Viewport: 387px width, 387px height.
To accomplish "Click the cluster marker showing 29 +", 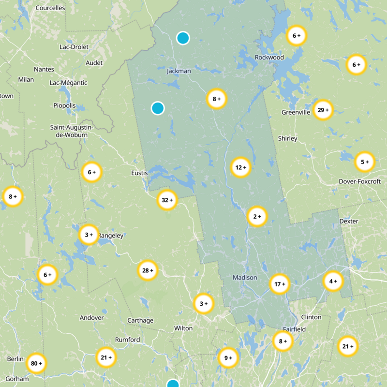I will (x=323, y=110).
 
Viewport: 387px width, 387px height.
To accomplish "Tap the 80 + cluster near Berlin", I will (x=36, y=363).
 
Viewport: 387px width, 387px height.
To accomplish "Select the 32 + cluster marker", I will (x=167, y=200).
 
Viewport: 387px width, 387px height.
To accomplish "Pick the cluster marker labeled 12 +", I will (x=241, y=168).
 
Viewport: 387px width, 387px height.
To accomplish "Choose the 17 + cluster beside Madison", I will (x=279, y=284).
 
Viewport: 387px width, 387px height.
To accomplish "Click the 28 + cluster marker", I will (x=148, y=270).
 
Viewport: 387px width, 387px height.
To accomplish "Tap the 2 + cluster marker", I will (x=257, y=217).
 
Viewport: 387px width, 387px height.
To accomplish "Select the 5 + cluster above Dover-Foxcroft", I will (x=365, y=162).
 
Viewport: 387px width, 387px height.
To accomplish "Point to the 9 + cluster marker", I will (x=228, y=358).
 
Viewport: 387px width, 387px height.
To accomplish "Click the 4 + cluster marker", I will (x=333, y=281).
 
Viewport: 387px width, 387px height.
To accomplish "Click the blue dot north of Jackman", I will (x=183, y=38).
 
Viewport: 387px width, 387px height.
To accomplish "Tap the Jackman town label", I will (x=179, y=71).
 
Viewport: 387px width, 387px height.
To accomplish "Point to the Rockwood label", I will (x=269, y=58).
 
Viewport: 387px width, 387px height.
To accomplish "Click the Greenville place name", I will (x=296, y=113).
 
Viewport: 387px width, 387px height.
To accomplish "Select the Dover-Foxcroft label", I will (x=359, y=181).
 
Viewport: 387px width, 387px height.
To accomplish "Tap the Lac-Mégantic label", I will (x=68, y=83).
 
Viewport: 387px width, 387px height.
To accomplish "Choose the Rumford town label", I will (x=127, y=340).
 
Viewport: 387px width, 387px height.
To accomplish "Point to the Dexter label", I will (x=349, y=221).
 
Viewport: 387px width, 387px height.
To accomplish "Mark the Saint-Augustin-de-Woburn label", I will (x=71, y=131).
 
